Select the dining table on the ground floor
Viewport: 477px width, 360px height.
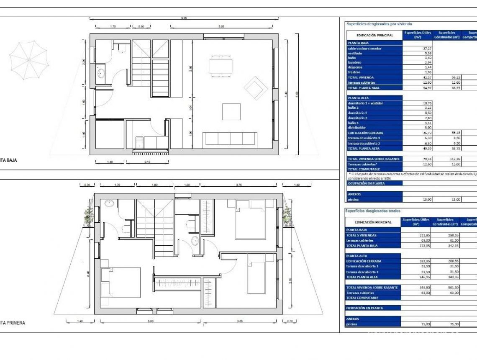click(221, 66)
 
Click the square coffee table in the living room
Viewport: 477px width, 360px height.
click(231, 112)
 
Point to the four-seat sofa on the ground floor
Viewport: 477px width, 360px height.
click(230, 139)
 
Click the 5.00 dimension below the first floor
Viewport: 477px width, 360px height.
click(151, 321)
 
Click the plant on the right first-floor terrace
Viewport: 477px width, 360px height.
click(287, 215)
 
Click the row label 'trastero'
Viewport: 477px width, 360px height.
click(354, 72)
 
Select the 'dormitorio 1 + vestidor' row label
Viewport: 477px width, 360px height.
click(365, 103)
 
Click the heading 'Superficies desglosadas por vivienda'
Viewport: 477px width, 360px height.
click(379, 24)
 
